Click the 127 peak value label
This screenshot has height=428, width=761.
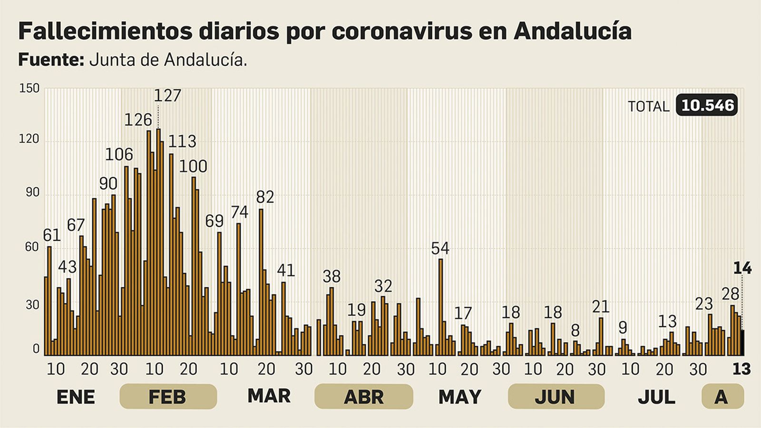point(167,96)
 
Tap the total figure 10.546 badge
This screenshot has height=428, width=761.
point(707,105)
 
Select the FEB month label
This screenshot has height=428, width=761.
point(167,397)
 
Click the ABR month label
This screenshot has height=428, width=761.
point(363,397)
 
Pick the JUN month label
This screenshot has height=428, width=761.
point(556,397)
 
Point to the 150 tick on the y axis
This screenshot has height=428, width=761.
point(29,88)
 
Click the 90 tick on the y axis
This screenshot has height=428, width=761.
point(32,193)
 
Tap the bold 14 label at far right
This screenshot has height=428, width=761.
point(742,268)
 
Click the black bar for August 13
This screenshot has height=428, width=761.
point(743,342)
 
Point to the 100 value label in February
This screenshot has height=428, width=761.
point(193,166)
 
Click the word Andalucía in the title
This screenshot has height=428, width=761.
point(573,31)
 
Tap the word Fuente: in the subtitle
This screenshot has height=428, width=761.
point(51,60)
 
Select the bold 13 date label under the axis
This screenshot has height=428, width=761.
point(741,369)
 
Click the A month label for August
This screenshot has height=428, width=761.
point(722,397)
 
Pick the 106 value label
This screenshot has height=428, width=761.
point(119,155)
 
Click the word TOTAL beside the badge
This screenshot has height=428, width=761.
point(648,107)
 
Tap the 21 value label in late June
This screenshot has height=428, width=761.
point(601,307)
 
